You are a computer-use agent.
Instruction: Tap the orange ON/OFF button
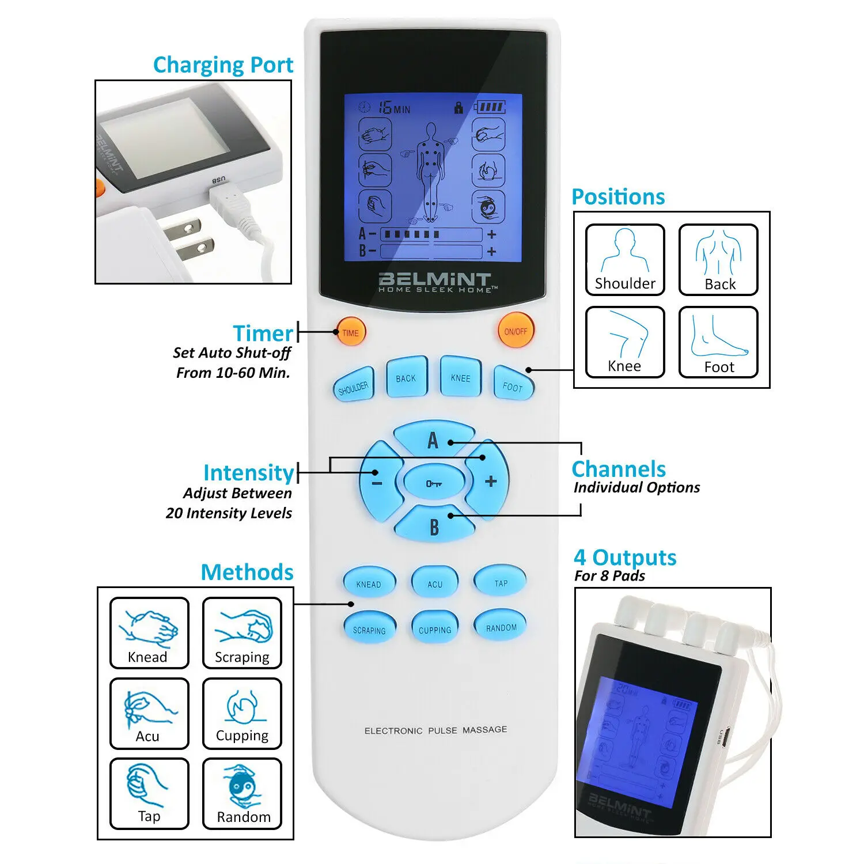pos(515,331)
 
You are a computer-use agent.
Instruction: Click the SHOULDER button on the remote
pos(354,384)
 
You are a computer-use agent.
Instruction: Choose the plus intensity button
pos(488,480)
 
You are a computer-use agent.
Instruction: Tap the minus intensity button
pos(379,481)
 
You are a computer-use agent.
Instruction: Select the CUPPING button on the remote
pos(435,628)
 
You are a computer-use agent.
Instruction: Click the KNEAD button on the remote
pos(369,582)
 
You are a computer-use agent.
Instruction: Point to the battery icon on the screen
pos(490,107)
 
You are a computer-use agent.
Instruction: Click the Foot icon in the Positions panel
pos(718,342)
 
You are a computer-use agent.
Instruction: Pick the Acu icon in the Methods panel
pos(149,714)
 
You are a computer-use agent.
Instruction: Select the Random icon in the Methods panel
pos(242,794)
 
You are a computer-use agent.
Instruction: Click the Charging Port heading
pos(223,65)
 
